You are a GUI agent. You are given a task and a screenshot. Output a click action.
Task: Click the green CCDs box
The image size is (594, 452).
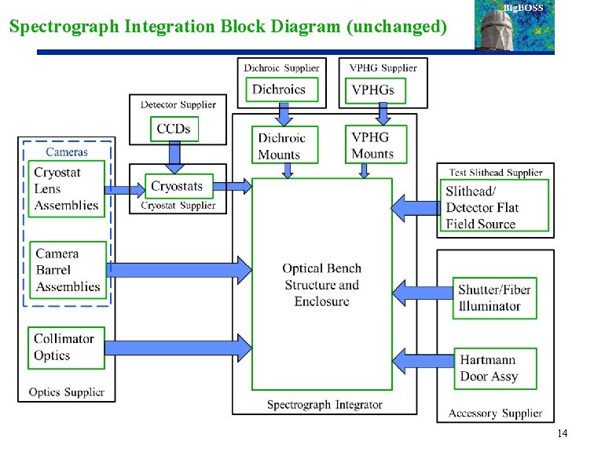click(x=174, y=129)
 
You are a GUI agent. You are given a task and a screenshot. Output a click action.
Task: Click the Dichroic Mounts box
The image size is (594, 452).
click(x=284, y=145)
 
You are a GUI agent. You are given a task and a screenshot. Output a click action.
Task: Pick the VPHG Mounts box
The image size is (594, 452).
click(x=376, y=144)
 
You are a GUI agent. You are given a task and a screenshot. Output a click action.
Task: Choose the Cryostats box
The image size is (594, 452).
click(x=177, y=186)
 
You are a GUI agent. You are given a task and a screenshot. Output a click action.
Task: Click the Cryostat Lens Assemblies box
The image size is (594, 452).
click(x=67, y=189)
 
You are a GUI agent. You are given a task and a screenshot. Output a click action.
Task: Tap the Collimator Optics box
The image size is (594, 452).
click(x=66, y=348)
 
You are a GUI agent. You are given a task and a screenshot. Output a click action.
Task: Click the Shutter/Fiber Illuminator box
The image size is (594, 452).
click(x=494, y=298)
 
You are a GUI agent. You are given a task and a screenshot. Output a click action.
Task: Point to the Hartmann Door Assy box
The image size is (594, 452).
click(x=494, y=368)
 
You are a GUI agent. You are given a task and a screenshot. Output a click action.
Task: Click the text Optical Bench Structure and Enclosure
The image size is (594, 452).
click(x=321, y=285)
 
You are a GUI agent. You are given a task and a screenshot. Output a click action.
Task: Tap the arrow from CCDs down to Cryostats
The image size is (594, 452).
click(x=174, y=157)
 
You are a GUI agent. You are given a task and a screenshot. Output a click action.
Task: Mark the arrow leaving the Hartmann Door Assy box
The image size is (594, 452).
click(x=422, y=362)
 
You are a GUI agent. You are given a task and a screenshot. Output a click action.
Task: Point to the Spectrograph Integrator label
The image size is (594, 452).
click(x=324, y=405)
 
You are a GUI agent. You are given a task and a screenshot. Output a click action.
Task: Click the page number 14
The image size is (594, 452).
click(x=561, y=434)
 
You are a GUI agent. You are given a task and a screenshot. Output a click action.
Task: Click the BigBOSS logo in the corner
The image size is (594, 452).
click(x=515, y=27)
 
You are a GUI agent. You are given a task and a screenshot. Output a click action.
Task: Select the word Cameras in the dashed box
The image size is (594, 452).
click(x=67, y=151)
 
